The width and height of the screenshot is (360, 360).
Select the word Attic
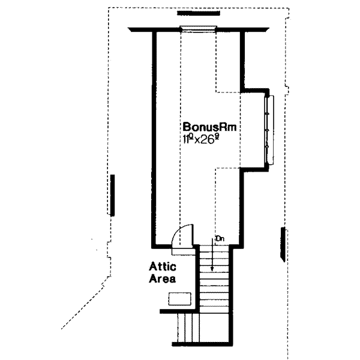(162, 268)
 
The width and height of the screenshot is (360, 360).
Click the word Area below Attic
(163, 279)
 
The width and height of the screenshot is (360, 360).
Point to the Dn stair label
(219, 239)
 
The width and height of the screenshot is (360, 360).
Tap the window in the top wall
(198, 28)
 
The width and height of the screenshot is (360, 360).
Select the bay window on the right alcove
(269, 130)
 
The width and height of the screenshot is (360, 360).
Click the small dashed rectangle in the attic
(180, 298)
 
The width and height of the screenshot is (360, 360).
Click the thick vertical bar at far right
(282, 244)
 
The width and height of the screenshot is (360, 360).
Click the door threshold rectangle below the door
(184, 251)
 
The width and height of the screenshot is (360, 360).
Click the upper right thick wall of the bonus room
(242, 60)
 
